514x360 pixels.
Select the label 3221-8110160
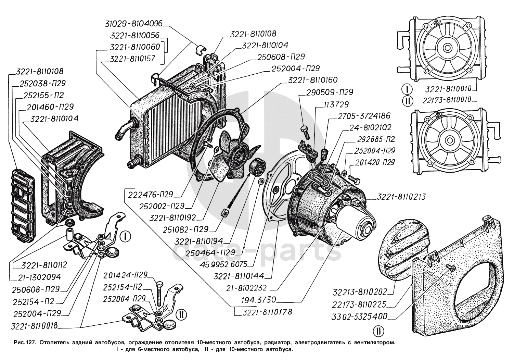coord(313,80)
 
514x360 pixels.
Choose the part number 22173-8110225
coord(359,304)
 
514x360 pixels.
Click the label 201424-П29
coord(126,275)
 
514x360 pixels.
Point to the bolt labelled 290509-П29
coord(304,131)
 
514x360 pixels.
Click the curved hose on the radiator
coord(124,128)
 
